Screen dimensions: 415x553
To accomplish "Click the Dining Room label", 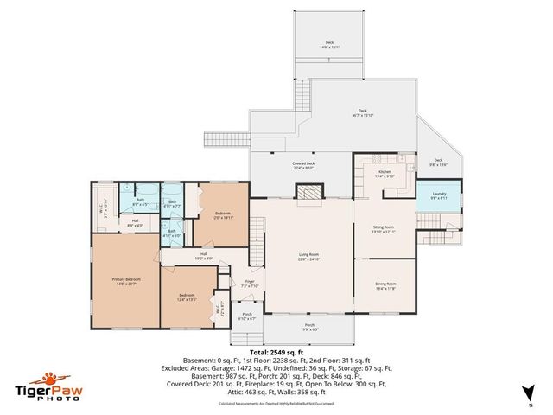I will point(385,285).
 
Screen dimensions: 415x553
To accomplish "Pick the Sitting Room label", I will point(383,229).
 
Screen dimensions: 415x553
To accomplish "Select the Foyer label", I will point(250,284).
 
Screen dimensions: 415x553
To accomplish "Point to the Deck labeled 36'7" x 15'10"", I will point(363,112).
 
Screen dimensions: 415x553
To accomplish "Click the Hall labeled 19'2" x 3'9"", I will point(204,256).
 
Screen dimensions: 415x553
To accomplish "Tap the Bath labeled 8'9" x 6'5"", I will point(140,203).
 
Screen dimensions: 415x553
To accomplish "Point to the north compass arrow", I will point(529,396).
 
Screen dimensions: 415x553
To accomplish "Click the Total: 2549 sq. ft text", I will point(276,353).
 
